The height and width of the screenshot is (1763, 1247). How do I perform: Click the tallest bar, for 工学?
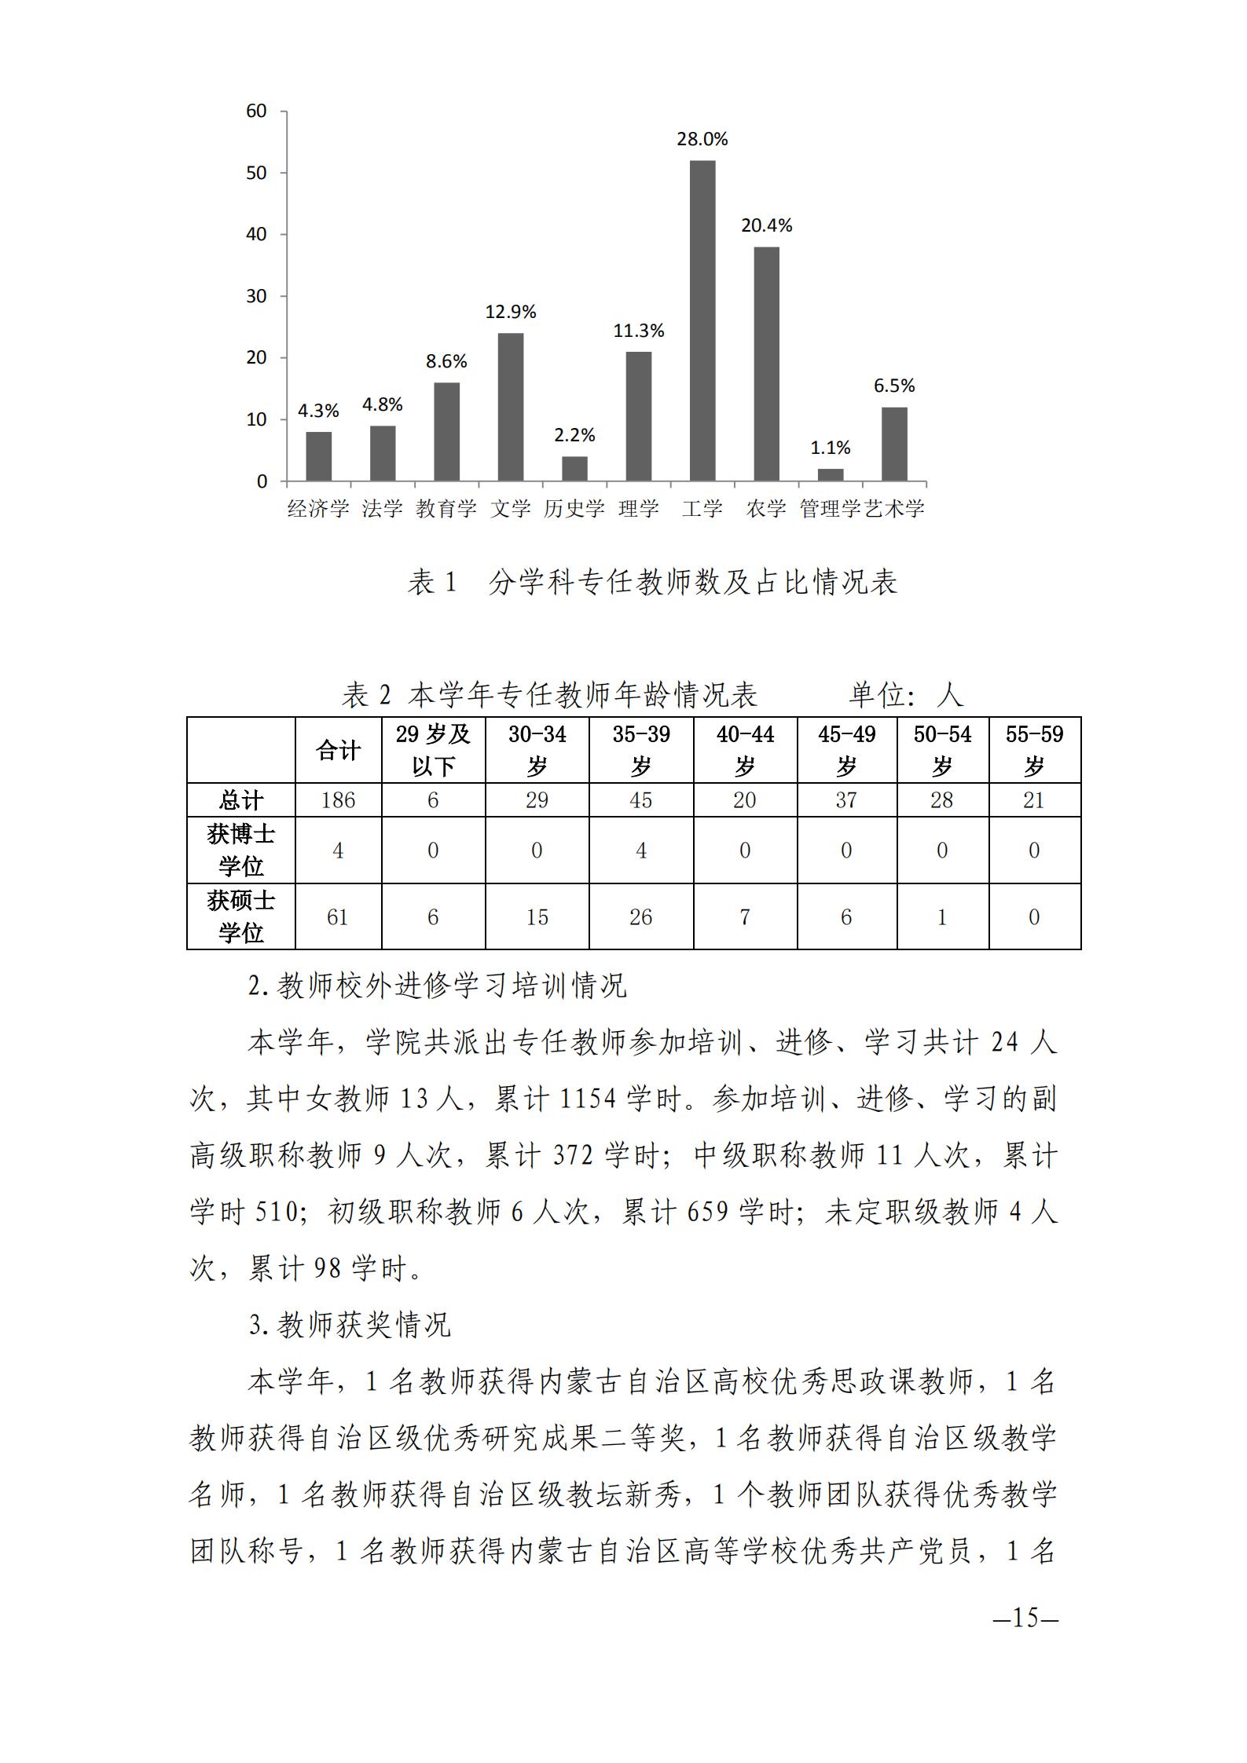(702, 320)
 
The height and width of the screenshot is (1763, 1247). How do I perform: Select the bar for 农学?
(766, 364)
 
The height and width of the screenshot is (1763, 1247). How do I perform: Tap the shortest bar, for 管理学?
(831, 474)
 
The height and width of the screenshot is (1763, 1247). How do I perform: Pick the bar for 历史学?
(574, 468)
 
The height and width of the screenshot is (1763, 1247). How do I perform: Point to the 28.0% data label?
(702, 140)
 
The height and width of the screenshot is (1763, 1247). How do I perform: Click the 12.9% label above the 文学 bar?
(510, 313)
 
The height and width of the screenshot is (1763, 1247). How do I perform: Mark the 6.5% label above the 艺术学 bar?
(894, 386)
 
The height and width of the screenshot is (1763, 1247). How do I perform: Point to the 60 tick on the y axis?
(256, 111)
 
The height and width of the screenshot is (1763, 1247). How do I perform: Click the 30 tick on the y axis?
(256, 296)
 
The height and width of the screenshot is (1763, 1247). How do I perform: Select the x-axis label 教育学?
(446, 509)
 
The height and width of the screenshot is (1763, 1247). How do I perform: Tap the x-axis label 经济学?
(318, 509)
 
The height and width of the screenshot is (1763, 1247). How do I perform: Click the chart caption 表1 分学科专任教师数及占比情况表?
(651, 583)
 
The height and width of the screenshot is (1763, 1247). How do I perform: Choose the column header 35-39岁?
(641, 750)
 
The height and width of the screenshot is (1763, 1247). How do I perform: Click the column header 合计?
(338, 750)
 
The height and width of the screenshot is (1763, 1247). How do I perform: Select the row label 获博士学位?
(240, 850)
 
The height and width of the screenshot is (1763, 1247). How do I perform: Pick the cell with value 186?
(338, 800)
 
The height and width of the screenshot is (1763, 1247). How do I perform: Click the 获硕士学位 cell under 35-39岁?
(641, 917)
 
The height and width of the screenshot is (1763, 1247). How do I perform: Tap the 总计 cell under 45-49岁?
(846, 800)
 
